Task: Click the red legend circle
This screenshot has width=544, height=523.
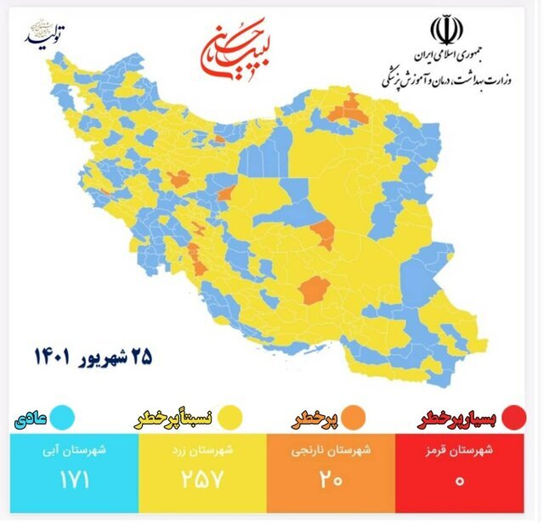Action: pyautogui.click(x=512, y=417)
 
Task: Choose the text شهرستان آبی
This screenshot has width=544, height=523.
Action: pyautogui.click(x=76, y=450)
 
